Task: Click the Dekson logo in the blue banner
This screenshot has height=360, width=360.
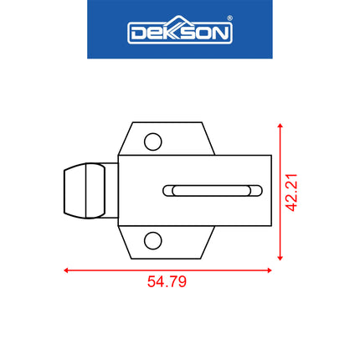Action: click(179, 33)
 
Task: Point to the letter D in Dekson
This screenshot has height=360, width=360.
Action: click(138, 33)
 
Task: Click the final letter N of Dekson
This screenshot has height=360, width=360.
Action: click(221, 33)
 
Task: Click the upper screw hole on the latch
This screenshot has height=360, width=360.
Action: click(152, 141)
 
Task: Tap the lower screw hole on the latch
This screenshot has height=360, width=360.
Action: click(152, 241)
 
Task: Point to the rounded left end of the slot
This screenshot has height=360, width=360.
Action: click(169, 190)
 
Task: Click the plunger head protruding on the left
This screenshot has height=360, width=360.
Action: click(85, 192)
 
